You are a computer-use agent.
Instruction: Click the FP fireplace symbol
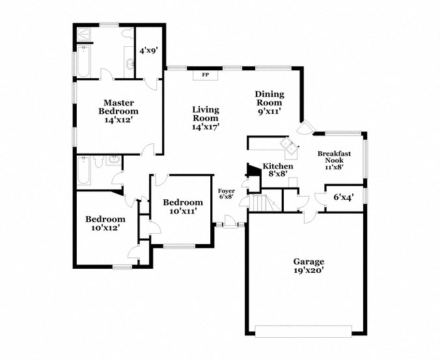coord(205,75)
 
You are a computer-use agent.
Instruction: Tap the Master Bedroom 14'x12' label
coord(118,111)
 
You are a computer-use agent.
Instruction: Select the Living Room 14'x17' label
coord(205,118)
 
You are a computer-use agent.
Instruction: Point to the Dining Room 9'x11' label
coord(269,102)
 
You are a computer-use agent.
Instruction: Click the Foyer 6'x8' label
coord(226,193)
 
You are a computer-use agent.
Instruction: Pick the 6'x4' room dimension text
coord(344,197)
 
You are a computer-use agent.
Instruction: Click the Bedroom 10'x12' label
coord(105,224)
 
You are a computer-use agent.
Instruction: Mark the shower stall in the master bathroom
coord(85,34)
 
